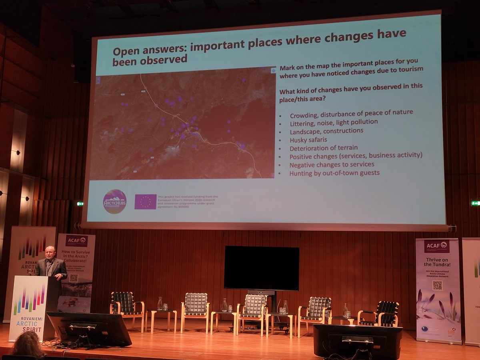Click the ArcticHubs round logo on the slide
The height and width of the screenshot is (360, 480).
(x=114, y=201)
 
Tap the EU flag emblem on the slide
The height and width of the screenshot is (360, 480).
(x=145, y=202)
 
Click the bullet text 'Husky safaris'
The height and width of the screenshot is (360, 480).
(x=308, y=140)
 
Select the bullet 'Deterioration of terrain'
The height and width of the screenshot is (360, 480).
(x=324, y=148)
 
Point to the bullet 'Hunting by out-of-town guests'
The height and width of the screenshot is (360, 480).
(x=334, y=173)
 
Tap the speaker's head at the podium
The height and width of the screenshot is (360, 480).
(x=50, y=253)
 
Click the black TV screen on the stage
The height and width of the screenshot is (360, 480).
(x=262, y=268)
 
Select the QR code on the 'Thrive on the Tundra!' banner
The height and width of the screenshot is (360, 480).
(x=438, y=285)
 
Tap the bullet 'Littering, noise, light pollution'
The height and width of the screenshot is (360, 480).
(x=334, y=122)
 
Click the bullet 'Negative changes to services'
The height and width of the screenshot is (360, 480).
(x=332, y=164)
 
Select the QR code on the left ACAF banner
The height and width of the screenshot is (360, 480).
(x=73, y=278)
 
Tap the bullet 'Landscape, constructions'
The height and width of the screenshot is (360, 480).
(x=326, y=131)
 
